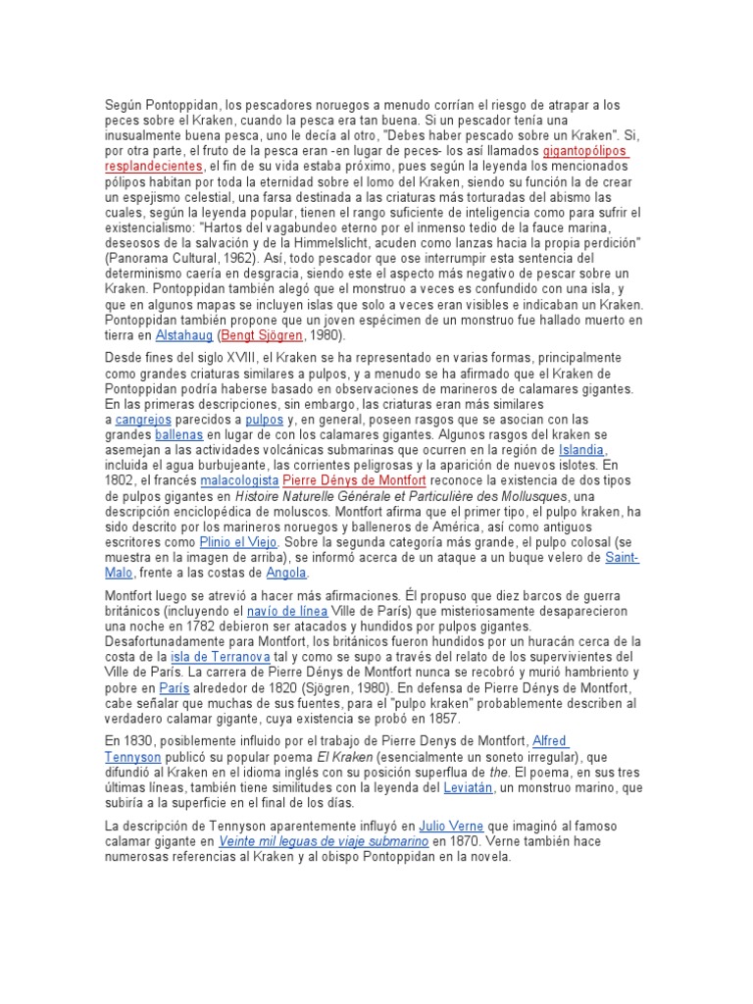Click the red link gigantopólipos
point(584,152)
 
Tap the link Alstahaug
point(184,334)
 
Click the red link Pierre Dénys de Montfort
point(353,480)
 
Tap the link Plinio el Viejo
point(238,541)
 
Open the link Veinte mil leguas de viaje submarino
point(324,841)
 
